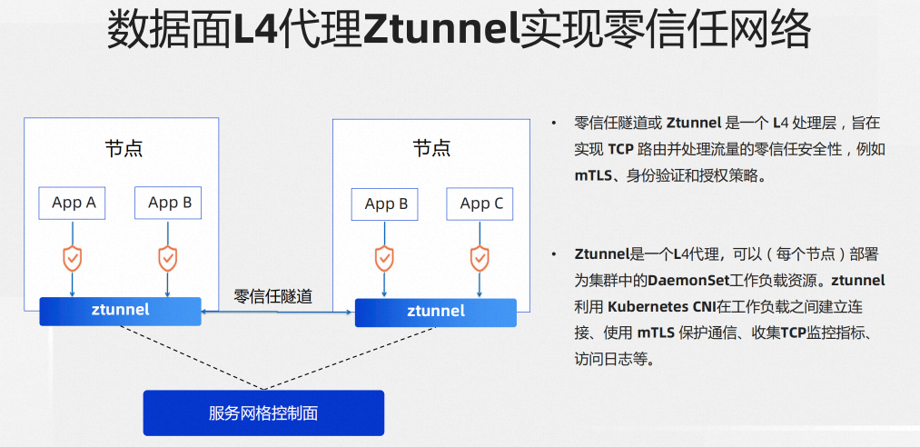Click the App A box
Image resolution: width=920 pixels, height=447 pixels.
click(73, 203)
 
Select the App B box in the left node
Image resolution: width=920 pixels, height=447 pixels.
click(169, 203)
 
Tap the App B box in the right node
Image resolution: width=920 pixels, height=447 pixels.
click(385, 204)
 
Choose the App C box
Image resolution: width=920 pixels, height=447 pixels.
click(480, 204)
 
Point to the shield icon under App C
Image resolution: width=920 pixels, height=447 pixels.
click(480, 258)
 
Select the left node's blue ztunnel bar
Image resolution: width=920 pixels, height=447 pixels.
click(120, 311)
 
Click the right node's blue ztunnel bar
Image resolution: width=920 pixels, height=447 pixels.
click(435, 312)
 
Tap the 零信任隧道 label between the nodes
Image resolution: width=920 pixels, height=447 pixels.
click(272, 295)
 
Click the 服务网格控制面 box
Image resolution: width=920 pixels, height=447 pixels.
click(263, 413)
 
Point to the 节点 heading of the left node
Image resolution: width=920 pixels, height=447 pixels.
click(124, 148)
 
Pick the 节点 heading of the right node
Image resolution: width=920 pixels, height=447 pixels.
click(431, 148)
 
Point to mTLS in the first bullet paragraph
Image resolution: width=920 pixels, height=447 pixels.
click(593, 176)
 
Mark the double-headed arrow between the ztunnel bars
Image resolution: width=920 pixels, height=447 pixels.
click(277, 312)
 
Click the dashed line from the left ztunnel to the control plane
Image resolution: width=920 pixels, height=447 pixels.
click(182, 358)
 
